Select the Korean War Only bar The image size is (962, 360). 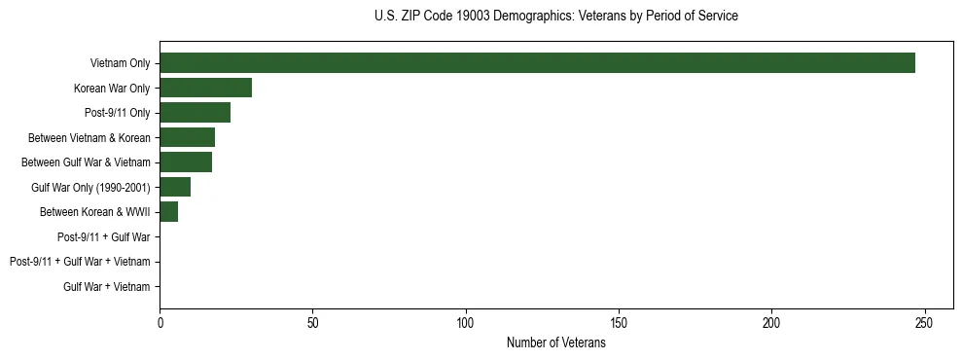pos(205,89)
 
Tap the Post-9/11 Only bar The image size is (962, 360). pos(195,113)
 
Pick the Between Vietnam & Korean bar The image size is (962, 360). pos(187,137)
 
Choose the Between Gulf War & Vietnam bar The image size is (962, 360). pos(186,162)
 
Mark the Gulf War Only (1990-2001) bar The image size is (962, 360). pos(175,187)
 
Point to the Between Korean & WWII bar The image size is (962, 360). pos(168,212)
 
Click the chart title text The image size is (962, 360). pos(555,17)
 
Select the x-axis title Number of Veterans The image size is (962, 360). pos(555,342)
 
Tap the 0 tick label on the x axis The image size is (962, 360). pos(160,321)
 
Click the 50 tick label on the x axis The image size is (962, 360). pos(312,321)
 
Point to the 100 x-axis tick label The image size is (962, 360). pos(465,321)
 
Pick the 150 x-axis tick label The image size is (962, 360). pos(619,321)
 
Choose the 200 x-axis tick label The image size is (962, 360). pos(771,321)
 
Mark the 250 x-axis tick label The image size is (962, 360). pos(924,321)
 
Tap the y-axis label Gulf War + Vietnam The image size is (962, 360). pos(107,286)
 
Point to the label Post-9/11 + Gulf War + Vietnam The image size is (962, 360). pos(80,262)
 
